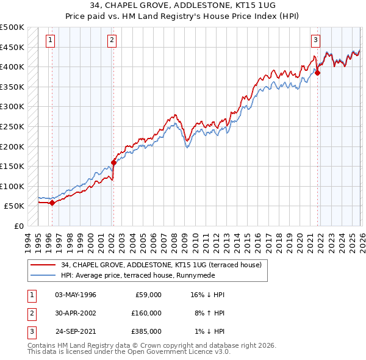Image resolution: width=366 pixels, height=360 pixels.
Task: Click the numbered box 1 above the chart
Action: coord(50,41)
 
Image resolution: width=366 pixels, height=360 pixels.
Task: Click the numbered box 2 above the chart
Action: coord(112,41)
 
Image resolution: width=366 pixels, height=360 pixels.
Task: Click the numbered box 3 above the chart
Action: coord(315,41)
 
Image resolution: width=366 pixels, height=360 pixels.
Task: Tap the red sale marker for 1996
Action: coord(52,203)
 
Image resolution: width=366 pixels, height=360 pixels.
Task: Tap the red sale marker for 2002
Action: coord(113,162)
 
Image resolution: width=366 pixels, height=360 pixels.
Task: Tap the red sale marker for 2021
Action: coord(318,73)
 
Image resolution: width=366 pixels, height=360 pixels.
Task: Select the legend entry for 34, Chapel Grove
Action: coord(161,265)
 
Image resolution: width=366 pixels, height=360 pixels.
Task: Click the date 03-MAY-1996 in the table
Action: coord(76,295)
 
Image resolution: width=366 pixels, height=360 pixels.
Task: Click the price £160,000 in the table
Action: coord(146,312)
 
